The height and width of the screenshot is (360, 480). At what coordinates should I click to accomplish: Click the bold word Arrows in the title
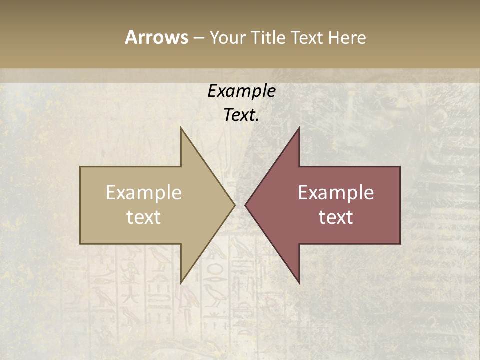(156, 37)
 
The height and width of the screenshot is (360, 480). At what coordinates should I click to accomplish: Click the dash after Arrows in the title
(198, 38)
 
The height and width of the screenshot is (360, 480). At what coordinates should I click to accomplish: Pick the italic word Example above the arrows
(241, 91)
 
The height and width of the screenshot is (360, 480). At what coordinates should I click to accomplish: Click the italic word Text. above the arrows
(241, 115)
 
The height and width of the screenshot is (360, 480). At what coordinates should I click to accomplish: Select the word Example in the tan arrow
(144, 193)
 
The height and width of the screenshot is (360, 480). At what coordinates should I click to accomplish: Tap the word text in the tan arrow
(144, 217)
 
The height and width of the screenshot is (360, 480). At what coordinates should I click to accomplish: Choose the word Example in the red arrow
(336, 193)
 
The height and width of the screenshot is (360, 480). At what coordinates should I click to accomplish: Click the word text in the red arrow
(336, 217)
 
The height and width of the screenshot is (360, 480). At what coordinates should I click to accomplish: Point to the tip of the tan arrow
(234, 205)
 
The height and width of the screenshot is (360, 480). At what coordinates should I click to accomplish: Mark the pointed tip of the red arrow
(246, 205)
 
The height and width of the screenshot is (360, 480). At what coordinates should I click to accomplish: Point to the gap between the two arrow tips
(240, 205)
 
